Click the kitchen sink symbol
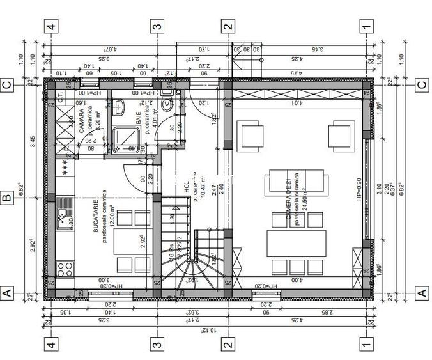65,217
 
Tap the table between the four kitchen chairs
125,240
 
